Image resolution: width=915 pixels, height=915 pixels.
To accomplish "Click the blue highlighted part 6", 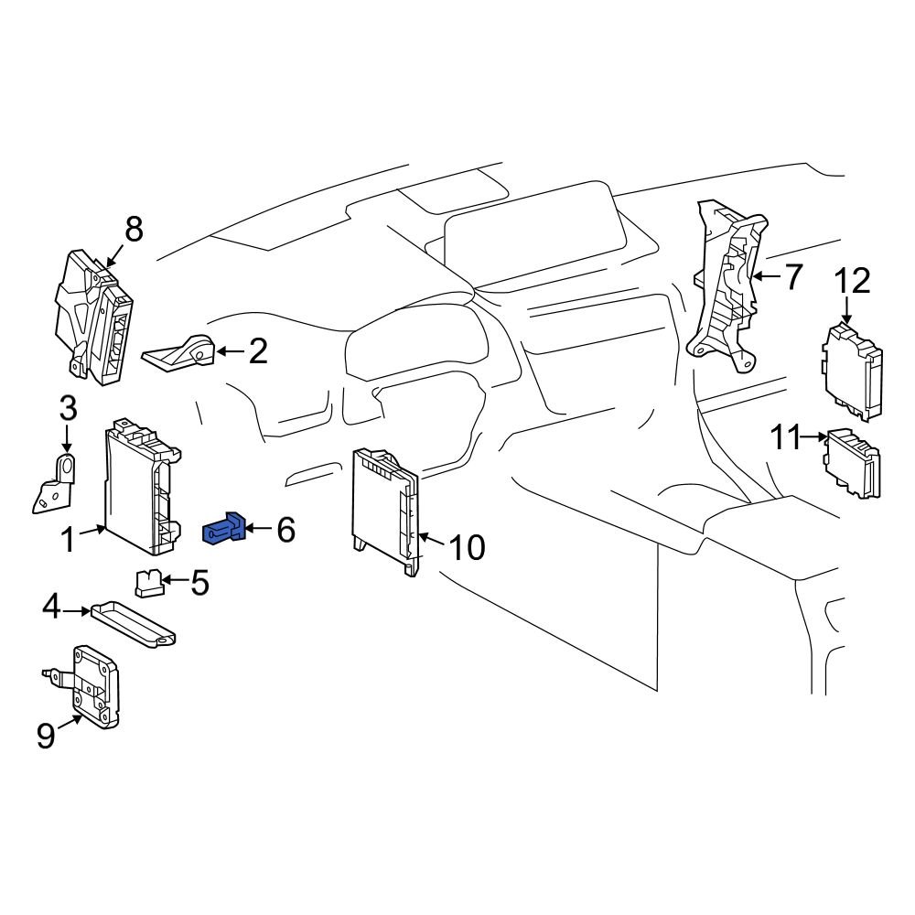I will (224, 530).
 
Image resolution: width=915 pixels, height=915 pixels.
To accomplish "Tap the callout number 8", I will (134, 230).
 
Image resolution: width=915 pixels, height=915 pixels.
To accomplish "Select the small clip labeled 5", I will (148, 580).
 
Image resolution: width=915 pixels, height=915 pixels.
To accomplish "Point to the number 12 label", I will (851, 281).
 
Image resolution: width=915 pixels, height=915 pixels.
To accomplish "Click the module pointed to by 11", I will (853, 465).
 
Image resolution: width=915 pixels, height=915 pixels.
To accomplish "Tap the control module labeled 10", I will (387, 511).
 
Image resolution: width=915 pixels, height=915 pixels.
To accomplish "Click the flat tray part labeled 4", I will (135, 621).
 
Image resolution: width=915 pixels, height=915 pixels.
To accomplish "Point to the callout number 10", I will (467, 548).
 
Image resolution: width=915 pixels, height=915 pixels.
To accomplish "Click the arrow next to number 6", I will (258, 529).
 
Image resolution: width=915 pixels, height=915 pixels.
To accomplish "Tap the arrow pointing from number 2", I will (229, 351).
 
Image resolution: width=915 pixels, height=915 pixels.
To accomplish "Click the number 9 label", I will (46, 736).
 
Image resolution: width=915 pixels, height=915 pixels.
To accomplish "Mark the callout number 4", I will (52, 606).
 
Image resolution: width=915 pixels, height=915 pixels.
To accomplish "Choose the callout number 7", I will (791, 275).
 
